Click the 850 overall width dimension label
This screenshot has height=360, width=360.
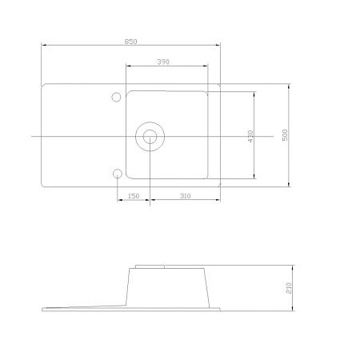pos(130,42)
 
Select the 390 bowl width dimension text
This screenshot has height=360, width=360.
pos(163,62)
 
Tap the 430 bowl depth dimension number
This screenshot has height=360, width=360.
pos(250,136)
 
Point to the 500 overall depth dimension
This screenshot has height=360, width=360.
pos(285,135)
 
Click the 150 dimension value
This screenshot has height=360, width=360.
pos(134,196)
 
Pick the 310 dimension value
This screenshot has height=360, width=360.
pos(185,196)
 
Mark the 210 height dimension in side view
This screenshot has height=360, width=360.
pos(289,288)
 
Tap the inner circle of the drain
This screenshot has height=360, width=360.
pos(150,130)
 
